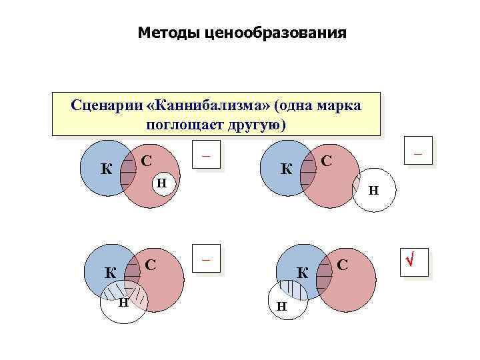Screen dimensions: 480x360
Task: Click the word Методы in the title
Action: (x=167, y=32)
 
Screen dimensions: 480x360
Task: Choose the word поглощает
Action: (x=186, y=125)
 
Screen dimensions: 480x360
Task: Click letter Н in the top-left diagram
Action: (x=162, y=183)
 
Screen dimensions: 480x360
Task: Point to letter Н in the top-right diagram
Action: (x=374, y=190)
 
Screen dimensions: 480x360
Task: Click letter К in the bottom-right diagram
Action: (x=301, y=272)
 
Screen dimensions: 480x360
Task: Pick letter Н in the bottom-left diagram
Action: (x=123, y=303)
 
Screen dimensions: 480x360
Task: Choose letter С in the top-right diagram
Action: (x=326, y=161)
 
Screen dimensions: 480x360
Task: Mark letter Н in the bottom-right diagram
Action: (x=281, y=307)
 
